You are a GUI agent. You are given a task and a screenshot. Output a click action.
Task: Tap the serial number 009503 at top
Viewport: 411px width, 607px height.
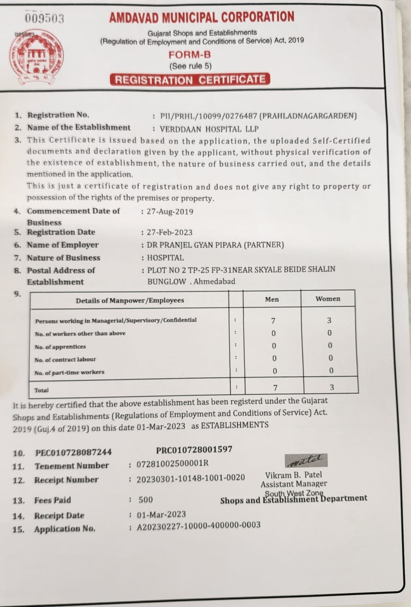coord(45,19)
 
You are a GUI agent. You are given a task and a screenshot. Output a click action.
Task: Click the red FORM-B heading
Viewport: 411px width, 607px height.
coord(190,55)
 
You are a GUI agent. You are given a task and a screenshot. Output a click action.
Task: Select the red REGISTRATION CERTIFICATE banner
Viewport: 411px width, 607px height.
coord(190,80)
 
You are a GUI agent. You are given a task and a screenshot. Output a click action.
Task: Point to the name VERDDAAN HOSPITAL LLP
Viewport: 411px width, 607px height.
coord(209,129)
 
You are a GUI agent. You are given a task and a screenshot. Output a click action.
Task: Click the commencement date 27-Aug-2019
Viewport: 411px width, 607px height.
coord(170,212)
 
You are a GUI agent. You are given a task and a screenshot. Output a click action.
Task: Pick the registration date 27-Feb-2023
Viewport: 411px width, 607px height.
coord(169,233)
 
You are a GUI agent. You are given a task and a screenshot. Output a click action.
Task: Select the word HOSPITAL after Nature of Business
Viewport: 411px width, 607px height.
coord(165,258)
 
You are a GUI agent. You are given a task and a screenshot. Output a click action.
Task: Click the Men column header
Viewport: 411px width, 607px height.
coord(272,299)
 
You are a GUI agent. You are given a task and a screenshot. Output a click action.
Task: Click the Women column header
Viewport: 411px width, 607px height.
coord(327,299)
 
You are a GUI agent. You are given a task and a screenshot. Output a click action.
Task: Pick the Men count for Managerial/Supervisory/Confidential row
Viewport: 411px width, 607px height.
coord(273,321)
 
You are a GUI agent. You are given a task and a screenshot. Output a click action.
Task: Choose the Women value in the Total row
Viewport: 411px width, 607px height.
coord(332,387)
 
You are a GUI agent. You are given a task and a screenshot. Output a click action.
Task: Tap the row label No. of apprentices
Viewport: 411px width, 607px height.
coord(60,347)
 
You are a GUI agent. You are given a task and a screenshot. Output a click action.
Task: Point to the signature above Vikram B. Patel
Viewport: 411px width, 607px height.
coord(306,460)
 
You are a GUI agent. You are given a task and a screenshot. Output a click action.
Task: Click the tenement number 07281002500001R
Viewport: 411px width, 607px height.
coord(172,464)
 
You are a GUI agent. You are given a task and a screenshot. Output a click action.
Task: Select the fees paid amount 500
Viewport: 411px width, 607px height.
coord(145,500)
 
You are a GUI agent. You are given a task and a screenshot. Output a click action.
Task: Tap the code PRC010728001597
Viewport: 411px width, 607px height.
coord(194,450)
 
